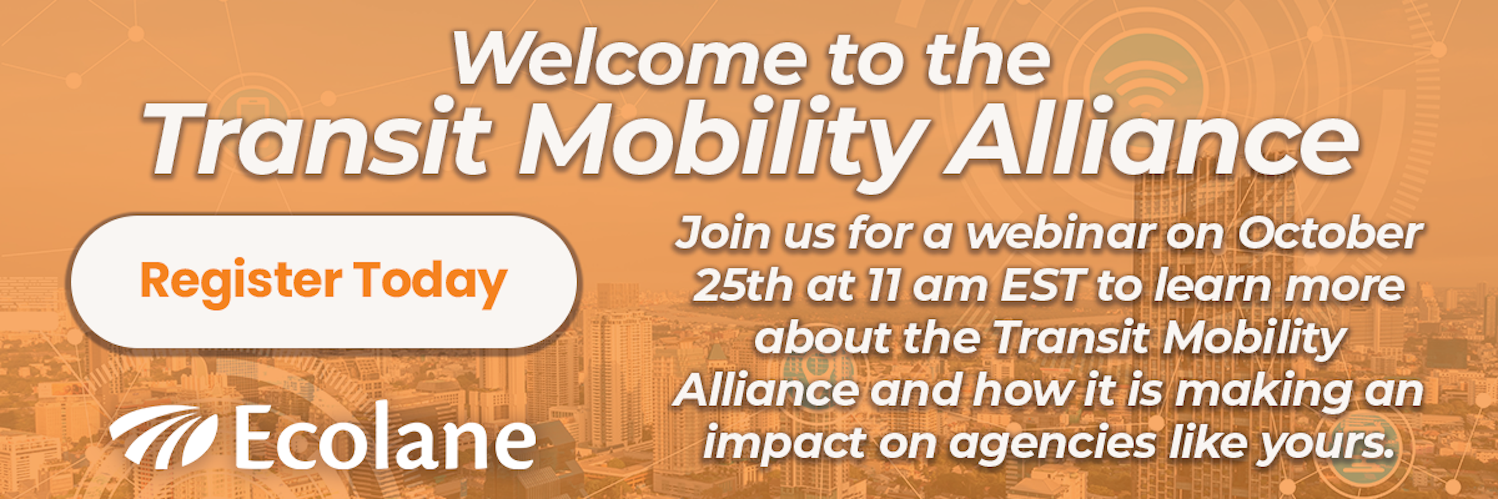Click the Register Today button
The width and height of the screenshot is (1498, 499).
[323, 282]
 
